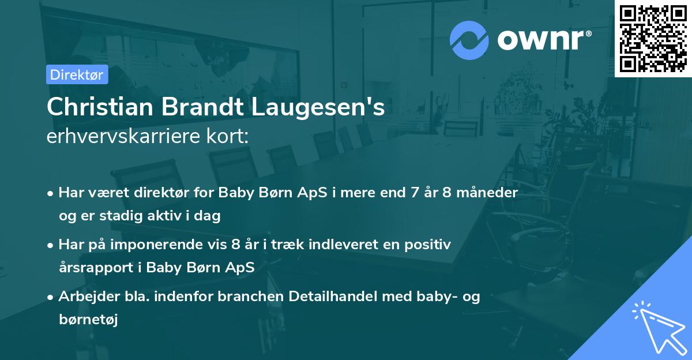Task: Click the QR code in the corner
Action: click(x=653, y=38)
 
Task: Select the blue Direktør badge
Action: click(x=77, y=74)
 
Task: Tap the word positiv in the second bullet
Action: click(x=430, y=245)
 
